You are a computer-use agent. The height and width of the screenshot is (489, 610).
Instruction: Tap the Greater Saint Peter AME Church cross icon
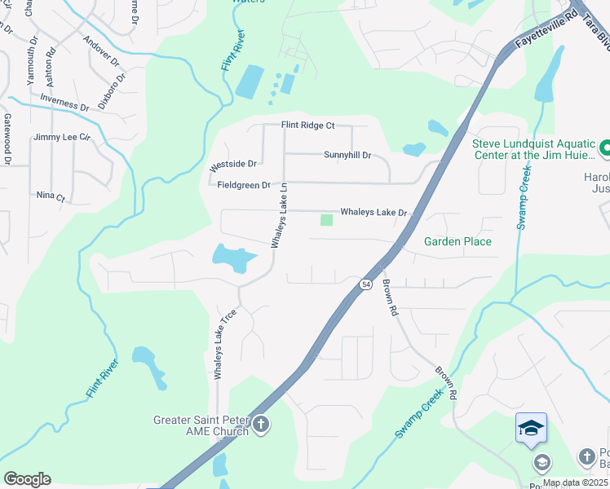pyautogui.click(x=261, y=424)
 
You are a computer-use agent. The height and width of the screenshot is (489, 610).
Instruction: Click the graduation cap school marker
pyautogui.click(x=530, y=427)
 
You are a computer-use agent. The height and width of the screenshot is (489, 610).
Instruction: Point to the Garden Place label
pyautogui.click(x=457, y=241)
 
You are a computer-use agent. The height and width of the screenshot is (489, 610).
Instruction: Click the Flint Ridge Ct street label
pyautogui.click(x=307, y=126)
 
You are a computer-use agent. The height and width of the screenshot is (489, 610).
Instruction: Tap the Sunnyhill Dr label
pyautogui.click(x=347, y=155)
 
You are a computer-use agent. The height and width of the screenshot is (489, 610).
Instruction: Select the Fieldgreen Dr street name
pyautogui.click(x=243, y=185)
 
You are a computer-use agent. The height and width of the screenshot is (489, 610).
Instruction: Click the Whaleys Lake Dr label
pyautogui.click(x=373, y=213)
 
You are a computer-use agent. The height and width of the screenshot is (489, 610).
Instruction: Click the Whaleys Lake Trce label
pyautogui.click(x=219, y=344)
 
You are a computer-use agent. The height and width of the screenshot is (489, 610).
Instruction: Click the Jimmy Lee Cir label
pyautogui.click(x=61, y=138)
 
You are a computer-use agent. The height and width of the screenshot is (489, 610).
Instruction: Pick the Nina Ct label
pyautogui.click(x=51, y=196)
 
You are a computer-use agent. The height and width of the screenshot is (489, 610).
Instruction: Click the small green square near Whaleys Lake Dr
pyautogui.click(x=327, y=220)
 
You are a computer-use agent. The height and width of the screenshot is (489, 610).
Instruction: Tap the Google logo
pyautogui.click(x=27, y=479)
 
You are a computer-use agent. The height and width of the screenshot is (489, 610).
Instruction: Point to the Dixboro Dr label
pyautogui.click(x=112, y=91)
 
